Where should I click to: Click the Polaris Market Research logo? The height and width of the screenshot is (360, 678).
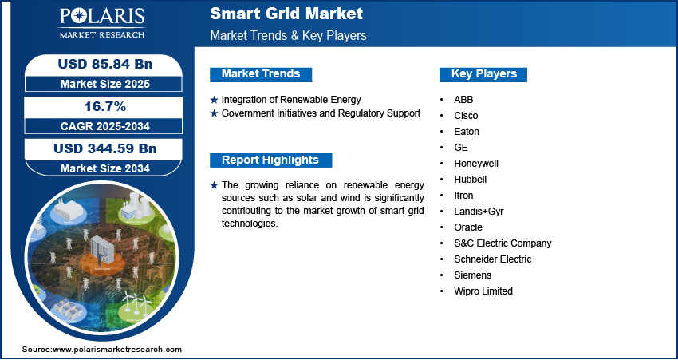(102, 23)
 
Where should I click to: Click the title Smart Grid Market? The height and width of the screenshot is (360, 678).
(286, 14)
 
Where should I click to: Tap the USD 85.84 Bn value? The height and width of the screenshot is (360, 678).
(105, 64)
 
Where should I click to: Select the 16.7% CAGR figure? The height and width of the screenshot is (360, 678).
(104, 106)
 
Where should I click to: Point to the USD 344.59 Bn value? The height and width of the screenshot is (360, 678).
(105, 148)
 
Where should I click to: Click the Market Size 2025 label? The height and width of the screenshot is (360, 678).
(105, 84)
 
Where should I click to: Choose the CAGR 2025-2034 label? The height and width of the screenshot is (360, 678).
(105, 126)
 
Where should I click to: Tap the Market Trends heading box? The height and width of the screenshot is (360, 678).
(261, 74)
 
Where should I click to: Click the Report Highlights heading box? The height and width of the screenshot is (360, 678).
(270, 160)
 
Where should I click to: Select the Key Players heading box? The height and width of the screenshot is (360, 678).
(483, 74)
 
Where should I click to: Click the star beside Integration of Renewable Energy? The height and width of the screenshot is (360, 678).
(214, 100)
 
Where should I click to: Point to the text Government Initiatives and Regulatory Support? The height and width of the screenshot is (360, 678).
(321, 113)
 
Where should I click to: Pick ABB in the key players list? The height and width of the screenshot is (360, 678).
(463, 100)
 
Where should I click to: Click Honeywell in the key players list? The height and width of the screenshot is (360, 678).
(476, 164)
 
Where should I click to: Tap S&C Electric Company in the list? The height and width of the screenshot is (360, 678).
(503, 243)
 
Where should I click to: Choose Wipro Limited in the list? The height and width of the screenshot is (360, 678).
(483, 291)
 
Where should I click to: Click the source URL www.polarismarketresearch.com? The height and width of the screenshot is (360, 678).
(117, 350)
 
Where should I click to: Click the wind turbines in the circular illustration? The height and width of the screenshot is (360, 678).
(136, 302)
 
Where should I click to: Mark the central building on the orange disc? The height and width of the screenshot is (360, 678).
(101, 250)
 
